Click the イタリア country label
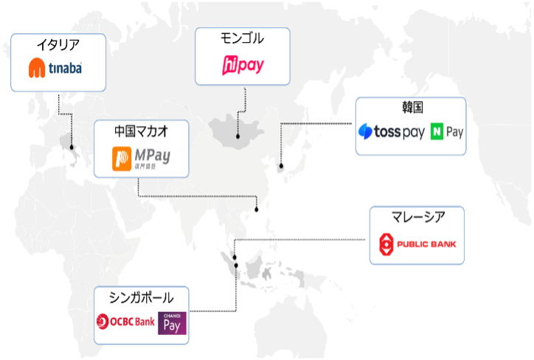[58, 45]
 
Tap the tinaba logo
[55, 69]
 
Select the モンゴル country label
[243, 38]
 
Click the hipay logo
[243, 66]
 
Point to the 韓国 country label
[410, 108]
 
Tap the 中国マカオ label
[141, 131]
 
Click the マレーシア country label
[417, 216]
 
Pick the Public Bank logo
[417, 243]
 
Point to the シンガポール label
[141, 297]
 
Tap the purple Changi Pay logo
[171, 323]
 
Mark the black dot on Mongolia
[237, 136]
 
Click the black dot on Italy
[72, 147]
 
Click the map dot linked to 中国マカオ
[257, 210]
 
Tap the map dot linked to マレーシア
[235, 257]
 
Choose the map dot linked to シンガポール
[236, 265]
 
